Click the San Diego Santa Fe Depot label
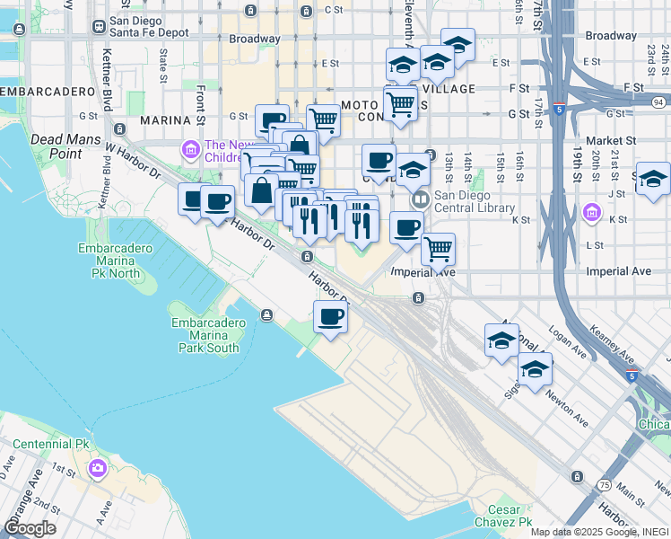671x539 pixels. [x=148, y=26]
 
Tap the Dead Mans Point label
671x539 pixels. [x=61, y=146]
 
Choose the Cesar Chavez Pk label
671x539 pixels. [x=504, y=515]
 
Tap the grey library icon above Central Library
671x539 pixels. [x=420, y=198]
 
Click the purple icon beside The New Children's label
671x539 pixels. [x=190, y=149]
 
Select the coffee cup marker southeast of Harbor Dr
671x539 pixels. [x=331, y=317]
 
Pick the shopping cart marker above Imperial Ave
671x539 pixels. [x=438, y=249]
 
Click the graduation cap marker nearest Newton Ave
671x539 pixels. [x=535, y=370]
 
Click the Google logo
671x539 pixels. [x=30, y=528]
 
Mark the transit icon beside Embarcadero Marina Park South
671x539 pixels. [x=267, y=314]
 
